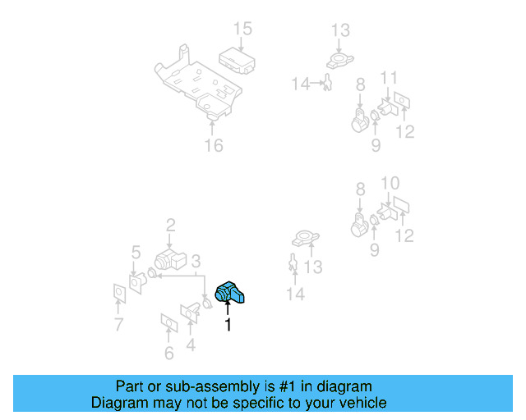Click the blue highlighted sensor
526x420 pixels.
[x=231, y=293]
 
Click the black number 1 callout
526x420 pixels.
[x=228, y=326]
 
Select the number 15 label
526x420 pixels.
[x=242, y=30]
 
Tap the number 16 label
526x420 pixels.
[x=213, y=146]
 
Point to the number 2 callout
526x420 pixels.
[x=171, y=225]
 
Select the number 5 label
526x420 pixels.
[x=136, y=252]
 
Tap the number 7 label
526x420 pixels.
[x=119, y=325]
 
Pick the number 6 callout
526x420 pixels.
[x=168, y=354]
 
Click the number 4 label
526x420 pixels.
[x=191, y=345]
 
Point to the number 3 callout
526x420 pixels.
[x=196, y=262]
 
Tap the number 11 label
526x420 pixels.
[x=389, y=78]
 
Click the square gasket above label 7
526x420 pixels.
[x=118, y=293]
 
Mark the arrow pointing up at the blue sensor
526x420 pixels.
[x=228, y=309]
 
